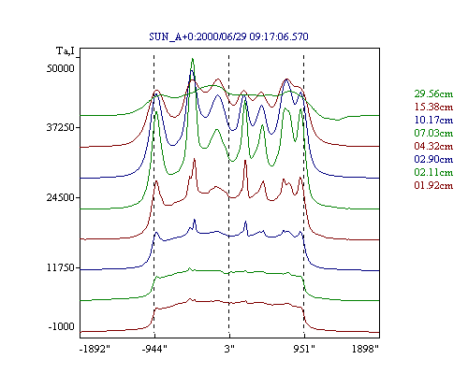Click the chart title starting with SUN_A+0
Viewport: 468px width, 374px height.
tap(228, 36)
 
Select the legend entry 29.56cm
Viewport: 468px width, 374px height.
tap(433, 93)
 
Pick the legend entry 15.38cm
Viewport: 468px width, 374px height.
tap(433, 107)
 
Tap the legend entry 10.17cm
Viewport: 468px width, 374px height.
tap(433, 120)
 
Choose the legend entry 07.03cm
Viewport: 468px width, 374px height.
tap(433, 133)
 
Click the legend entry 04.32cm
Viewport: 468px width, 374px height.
tap(433, 146)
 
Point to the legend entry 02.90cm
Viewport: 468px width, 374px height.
tap(433, 159)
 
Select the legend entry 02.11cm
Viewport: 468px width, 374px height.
tap(433, 172)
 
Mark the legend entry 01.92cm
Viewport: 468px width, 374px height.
tap(433, 185)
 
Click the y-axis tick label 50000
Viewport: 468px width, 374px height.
tap(61, 68)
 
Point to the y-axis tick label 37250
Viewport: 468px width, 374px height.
tap(61, 127)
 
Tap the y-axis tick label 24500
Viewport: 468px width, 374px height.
tap(61, 197)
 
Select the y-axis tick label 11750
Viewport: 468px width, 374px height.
tap(61, 267)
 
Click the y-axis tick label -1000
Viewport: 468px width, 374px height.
tap(62, 327)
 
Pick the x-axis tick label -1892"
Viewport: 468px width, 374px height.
tap(95, 349)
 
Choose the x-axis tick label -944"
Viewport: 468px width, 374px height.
tap(154, 349)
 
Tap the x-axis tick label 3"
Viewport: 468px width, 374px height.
tap(229, 349)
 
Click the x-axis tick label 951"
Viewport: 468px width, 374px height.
tap(304, 349)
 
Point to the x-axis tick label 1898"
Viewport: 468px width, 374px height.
tap(365, 349)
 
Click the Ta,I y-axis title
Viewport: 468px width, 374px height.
tap(66, 50)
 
